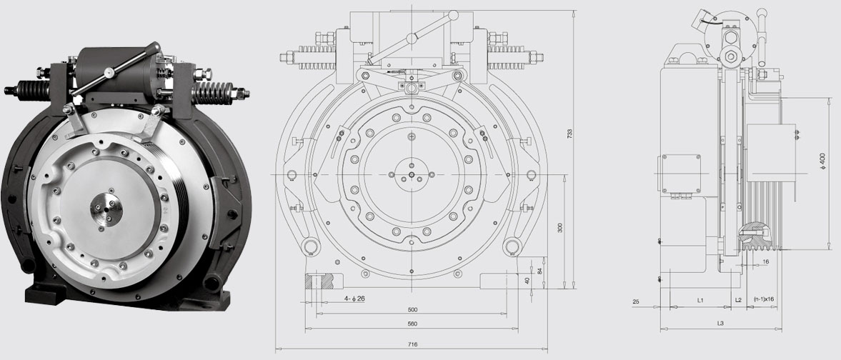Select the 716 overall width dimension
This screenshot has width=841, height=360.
point(412,344)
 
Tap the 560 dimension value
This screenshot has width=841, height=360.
point(412,324)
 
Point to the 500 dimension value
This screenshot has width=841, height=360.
point(412,309)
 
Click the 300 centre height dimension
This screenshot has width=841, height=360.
point(560,227)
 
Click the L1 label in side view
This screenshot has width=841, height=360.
point(700,301)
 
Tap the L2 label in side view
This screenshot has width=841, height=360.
point(738,301)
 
